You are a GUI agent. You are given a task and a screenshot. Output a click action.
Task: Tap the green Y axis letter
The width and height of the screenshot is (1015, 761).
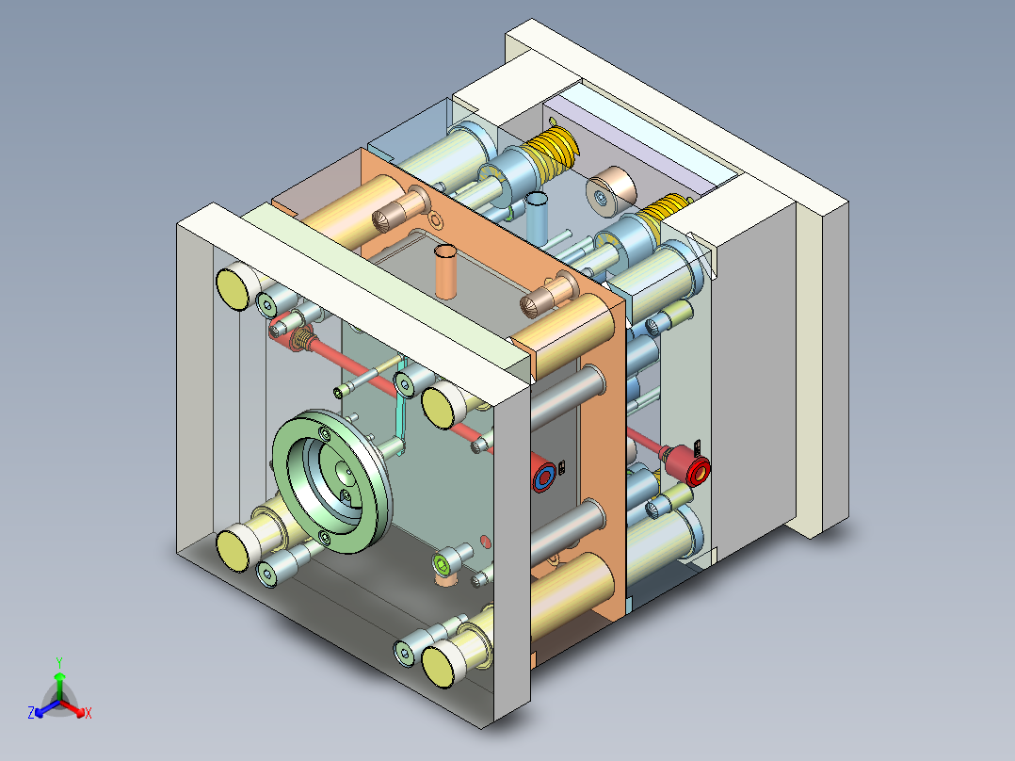59,663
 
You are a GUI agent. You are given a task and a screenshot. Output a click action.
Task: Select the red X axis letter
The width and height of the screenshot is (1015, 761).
89,713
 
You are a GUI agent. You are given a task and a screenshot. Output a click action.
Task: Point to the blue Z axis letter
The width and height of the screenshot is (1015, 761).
31,712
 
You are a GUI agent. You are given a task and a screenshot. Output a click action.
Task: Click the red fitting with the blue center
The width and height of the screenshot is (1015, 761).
543,474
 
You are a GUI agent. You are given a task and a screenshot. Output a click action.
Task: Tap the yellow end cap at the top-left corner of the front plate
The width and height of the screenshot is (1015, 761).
233,287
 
